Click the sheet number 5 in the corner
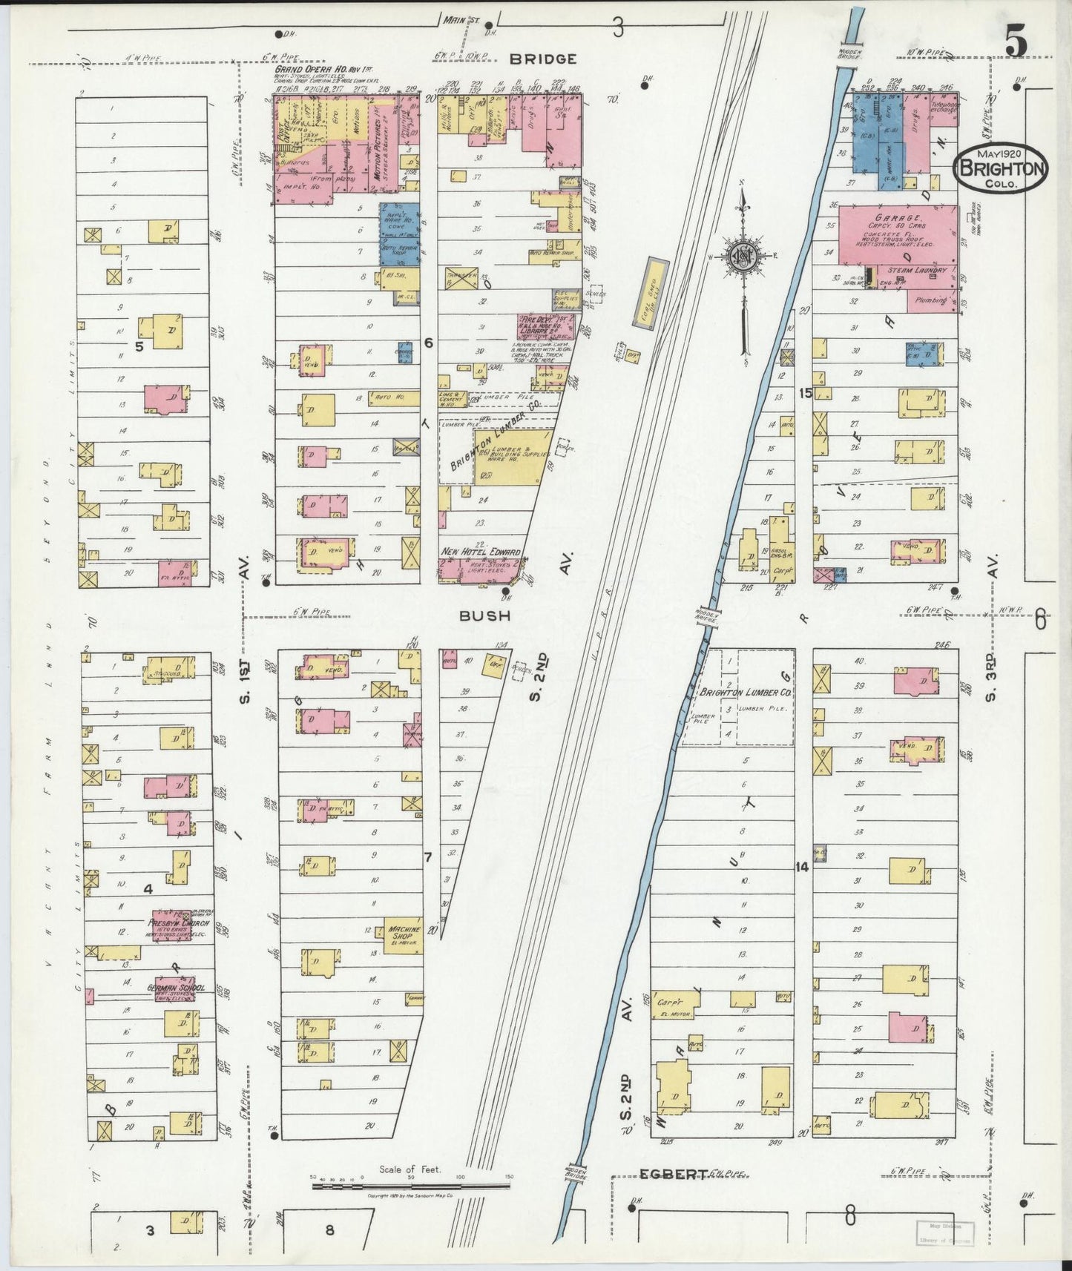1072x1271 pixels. (1016, 42)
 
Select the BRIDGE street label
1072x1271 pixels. (543, 59)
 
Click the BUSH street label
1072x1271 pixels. (484, 615)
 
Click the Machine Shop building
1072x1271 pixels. (403, 937)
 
